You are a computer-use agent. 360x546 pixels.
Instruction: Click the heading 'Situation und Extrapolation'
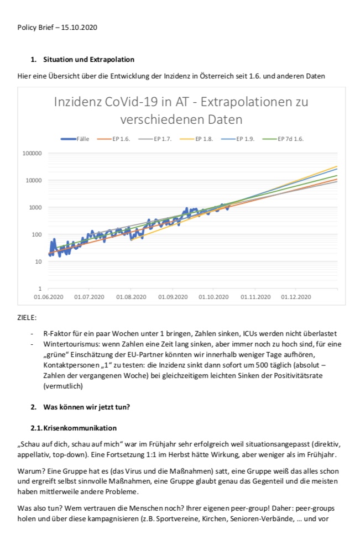coord(88,59)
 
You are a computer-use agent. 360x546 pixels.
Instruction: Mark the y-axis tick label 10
coord(39,261)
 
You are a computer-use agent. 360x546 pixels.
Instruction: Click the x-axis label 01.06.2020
coord(48,297)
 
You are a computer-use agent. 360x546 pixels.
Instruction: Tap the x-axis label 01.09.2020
coord(173,297)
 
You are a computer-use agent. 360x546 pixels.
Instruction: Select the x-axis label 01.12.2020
coord(296,297)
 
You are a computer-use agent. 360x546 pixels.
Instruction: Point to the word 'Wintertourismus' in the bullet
coord(68,344)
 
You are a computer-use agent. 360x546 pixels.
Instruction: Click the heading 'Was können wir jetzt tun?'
coord(86,407)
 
